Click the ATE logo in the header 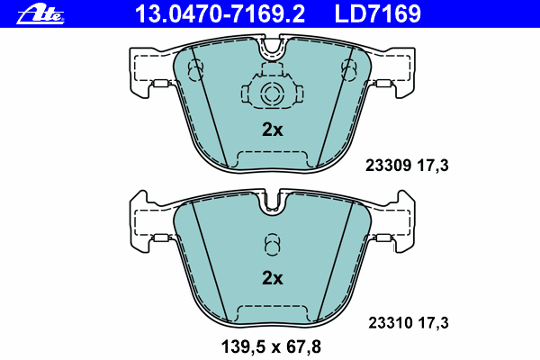tap(40, 14)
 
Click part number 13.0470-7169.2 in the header tap(220, 13)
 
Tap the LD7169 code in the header tap(377, 13)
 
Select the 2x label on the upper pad tap(272, 130)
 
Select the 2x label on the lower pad tap(272, 278)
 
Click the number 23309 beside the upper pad tap(388, 166)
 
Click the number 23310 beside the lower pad tap(391, 323)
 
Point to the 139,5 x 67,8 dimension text tap(271, 346)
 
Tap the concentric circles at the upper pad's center tap(272, 94)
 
